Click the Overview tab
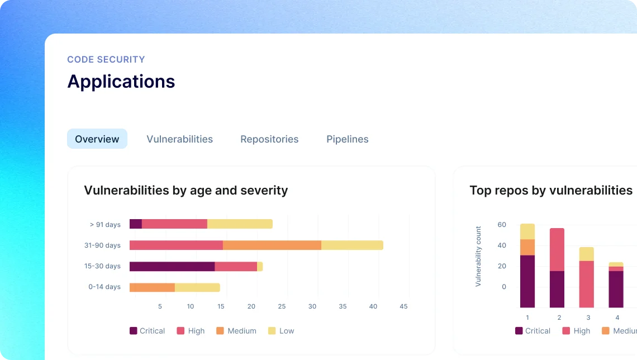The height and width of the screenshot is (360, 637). (97, 139)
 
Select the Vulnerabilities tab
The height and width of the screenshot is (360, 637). (179, 139)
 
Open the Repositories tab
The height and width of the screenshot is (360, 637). (269, 139)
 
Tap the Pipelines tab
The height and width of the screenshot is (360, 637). (348, 139)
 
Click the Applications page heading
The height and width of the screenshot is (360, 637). (121, 82)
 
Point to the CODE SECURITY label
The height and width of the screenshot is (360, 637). (106, 59)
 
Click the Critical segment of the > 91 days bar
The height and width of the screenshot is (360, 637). (136, 224)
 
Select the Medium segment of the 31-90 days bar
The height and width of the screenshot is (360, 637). (272, 245)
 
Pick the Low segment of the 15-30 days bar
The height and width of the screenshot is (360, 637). (260, 266)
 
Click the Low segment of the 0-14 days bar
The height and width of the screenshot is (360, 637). (197, 287)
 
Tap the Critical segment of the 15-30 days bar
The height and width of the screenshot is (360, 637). (172, 266)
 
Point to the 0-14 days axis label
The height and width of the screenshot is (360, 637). (104, 287)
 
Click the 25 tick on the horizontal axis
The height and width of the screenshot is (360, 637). (282, 306)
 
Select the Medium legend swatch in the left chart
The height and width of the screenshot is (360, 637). (220, 331)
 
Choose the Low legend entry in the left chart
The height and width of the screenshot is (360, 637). (281, 331)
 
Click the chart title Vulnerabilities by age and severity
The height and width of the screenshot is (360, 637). (186, 190)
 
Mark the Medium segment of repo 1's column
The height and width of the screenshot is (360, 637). (527, 248)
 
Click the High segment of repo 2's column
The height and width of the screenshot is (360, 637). (557, 249)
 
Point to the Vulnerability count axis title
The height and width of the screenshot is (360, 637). (478, 257)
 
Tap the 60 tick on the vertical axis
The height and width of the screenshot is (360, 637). (502, 225)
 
